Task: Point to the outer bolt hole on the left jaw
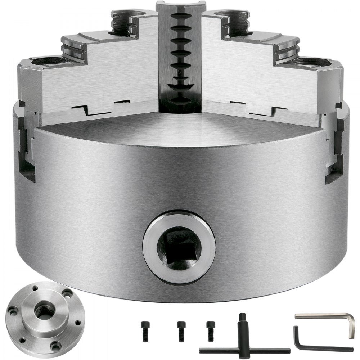pos(46,60)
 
